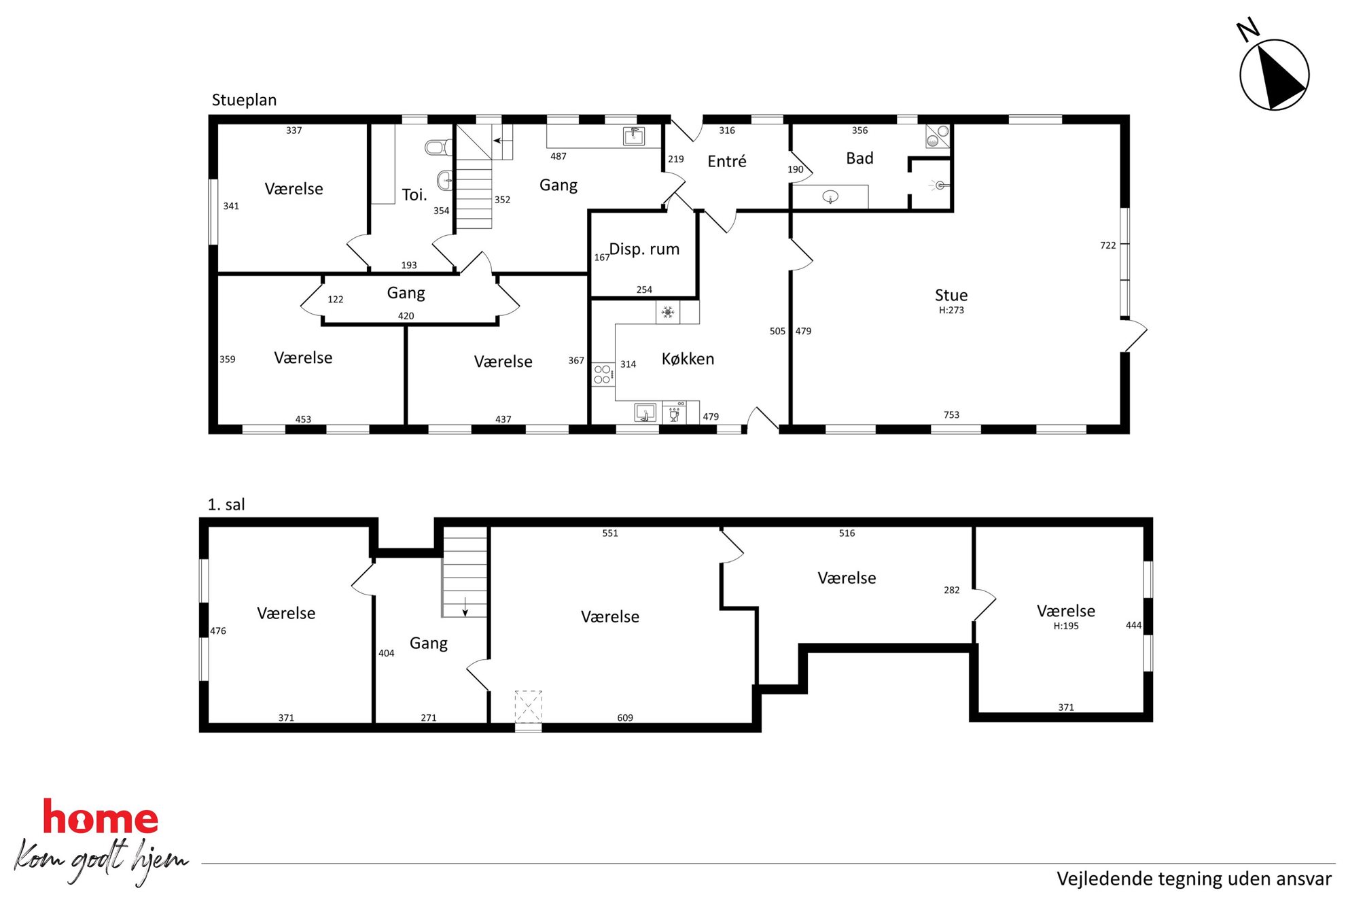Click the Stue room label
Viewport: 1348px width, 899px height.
tap(951, 295)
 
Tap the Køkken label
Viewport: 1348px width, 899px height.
tap(688, 359)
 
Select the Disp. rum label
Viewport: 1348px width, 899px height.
tap(644, 249)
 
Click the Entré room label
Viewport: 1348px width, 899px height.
tap(726, 161)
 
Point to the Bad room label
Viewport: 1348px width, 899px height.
tap(859, 158)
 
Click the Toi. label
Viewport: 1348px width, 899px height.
tap(414, 195)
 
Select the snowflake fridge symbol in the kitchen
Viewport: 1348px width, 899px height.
tap(668, 312)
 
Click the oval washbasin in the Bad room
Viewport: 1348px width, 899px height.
tap(830, 197)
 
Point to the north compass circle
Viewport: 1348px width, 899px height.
tap(1274, 75)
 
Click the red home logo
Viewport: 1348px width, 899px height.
tap(101, 817)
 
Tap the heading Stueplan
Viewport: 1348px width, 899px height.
tap(244, 101)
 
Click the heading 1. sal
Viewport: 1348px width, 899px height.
tap(226, 505)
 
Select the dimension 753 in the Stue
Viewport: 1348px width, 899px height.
tap(951, 415)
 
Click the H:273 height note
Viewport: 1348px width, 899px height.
tap(951, 311)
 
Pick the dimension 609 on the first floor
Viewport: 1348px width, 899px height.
tap(625, 718)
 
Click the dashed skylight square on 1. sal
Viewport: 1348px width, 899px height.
tap(528, 706)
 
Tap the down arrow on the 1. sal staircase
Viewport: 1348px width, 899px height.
tap(465, 607)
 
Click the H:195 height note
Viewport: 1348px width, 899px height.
tap(1066, 627)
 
